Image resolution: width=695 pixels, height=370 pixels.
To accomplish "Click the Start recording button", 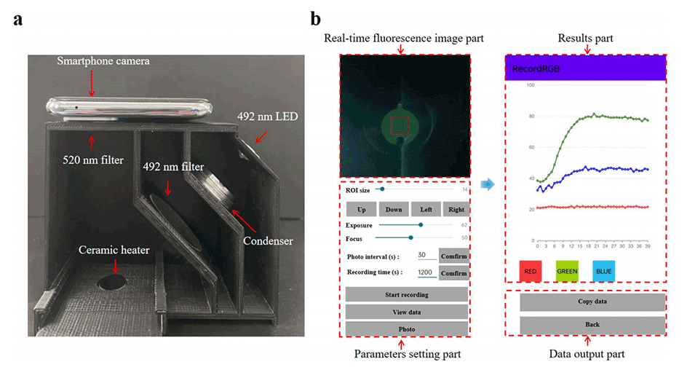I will tap(406, 295).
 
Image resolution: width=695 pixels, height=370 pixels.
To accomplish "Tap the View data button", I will tap(406, 312).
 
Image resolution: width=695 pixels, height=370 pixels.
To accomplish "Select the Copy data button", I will tap(592, 301).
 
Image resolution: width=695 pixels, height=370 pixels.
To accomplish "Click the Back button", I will tap(592, 324).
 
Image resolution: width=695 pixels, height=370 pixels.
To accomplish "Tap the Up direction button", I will tap(361, 210).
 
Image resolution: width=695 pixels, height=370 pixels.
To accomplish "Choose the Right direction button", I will tap(456, 210).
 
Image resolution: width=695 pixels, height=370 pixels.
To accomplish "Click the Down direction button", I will tap(394, 210).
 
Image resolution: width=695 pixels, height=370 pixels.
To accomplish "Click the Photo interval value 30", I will tap(422, 256).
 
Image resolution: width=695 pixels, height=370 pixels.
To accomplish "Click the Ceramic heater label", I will tap(114, 250).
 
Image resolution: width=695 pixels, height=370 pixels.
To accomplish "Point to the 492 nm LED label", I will tap(268, 115).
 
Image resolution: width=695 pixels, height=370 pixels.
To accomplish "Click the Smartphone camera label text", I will tap(104, 61).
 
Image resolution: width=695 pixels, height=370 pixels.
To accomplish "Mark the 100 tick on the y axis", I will tap(530, 85).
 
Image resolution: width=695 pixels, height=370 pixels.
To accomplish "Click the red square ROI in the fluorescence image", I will tap(401, 126).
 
